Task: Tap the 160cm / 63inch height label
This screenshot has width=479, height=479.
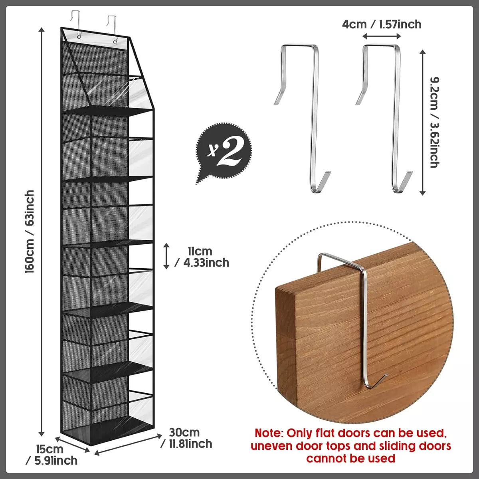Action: coord(30,232)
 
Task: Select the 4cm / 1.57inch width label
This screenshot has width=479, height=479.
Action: coord(382,25)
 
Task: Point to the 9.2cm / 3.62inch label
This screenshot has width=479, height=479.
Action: coord(435,122)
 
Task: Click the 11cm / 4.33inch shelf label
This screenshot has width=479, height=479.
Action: coord(202,257)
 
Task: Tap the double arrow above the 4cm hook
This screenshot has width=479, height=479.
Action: coord(382,37)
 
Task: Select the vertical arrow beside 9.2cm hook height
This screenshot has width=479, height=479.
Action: coord(422,122)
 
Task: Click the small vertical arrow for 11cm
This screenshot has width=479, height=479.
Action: coord(166,256)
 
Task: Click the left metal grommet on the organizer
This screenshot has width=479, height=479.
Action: coord(79,37)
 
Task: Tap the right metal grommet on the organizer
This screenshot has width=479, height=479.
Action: coord(115,42)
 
